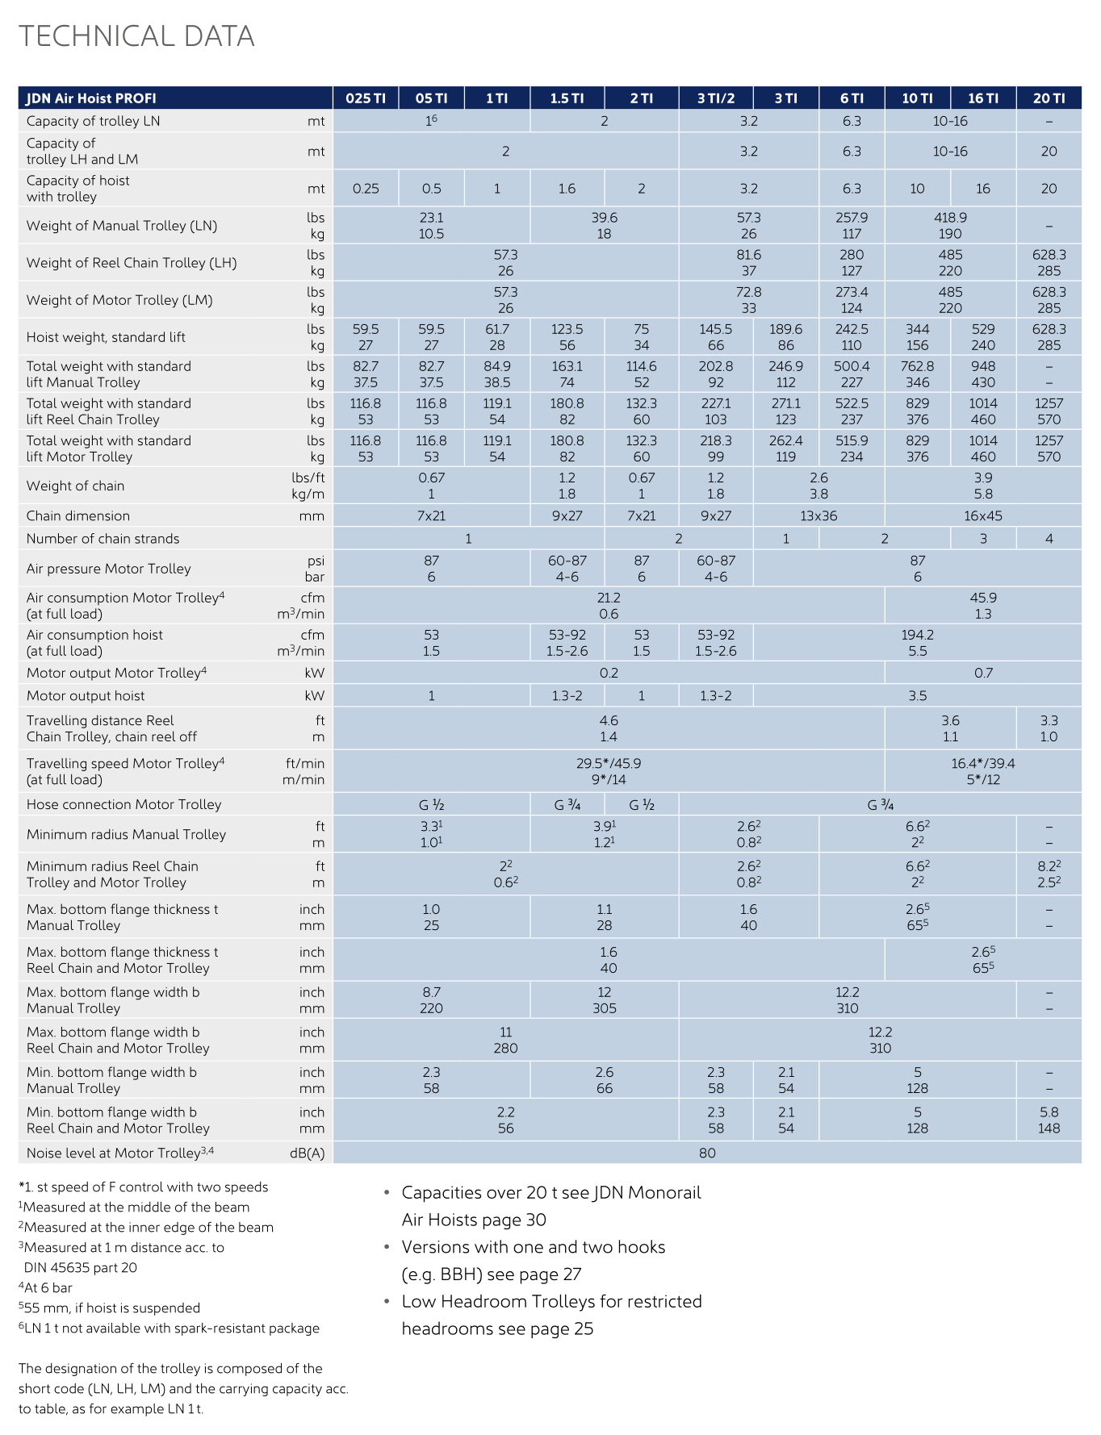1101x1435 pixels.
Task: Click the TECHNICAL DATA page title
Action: click(136, 36)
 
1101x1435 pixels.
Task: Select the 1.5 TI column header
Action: click(567, 98)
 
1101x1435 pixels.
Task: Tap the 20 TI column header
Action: click(1049, 98)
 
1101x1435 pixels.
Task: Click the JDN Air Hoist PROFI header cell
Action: click(91, 98)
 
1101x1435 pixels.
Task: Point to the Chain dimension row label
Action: click(78, 516)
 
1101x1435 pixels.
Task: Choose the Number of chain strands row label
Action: click(103, 539)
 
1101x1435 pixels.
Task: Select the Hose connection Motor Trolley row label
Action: click(123, 805)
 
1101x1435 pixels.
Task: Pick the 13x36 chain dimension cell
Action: click(818, 516)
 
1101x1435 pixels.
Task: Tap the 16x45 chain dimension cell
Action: click(982, 516)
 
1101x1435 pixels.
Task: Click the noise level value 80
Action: click(707, 1153)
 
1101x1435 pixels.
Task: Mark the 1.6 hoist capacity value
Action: click(567, 189)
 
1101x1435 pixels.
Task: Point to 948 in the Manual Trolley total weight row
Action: click(982, 366)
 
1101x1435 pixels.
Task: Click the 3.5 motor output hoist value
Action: click(917, 696)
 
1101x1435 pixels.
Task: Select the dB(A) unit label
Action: click(307, 1153)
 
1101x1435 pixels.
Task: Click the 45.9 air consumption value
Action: click(982, 598)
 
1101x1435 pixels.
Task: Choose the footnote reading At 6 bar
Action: click(48, 1288)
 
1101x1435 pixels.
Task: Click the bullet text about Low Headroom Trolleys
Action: click(552, 1302)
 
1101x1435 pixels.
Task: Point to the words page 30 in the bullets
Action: click(517, 1220)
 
